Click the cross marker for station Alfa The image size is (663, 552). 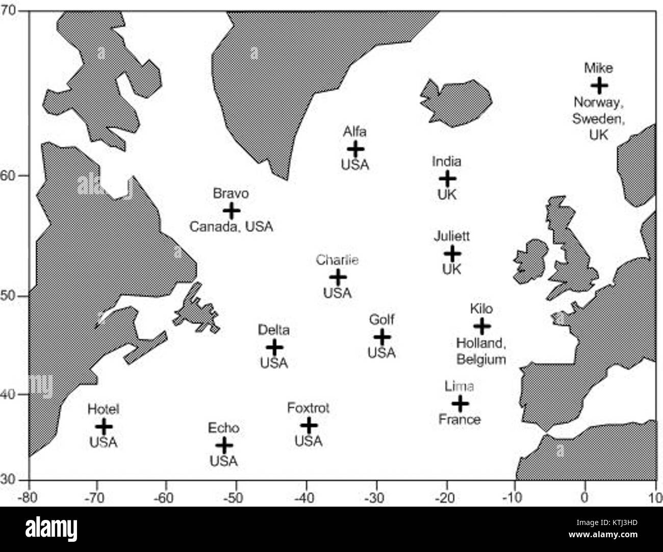coord(355,149)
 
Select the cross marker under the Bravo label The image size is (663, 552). coord(232,210)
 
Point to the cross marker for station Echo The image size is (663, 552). coord(224,445)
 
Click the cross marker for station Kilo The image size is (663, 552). coord(482,326)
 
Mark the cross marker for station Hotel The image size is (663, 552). coord(104,426)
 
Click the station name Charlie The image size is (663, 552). coord(337,260)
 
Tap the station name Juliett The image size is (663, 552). coord(452,236)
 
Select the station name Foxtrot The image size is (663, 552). coord(308,408)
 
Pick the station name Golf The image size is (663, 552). coord(381,320)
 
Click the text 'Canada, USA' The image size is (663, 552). coord(231,226)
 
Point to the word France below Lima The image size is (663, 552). coord(460,419)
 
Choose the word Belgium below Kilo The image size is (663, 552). coord(481,359)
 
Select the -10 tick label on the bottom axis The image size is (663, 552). coord(515,496)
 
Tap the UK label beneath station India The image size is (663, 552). coord(447,195)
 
